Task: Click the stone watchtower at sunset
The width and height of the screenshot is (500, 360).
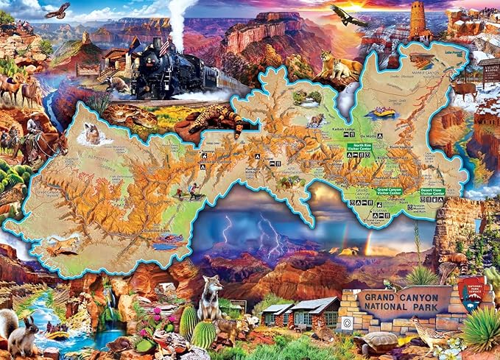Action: (x=418, y=19)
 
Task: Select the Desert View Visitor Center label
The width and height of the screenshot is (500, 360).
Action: (x=432, y=193)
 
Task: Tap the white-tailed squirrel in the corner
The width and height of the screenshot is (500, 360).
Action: (x=22, y=331)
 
